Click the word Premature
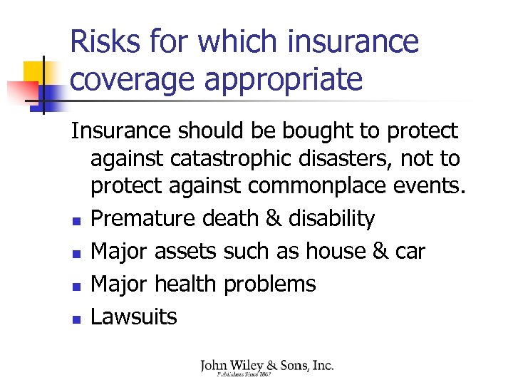(x=144, y=218)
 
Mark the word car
(x=410, y=252)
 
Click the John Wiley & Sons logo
(x=266, y=367)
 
